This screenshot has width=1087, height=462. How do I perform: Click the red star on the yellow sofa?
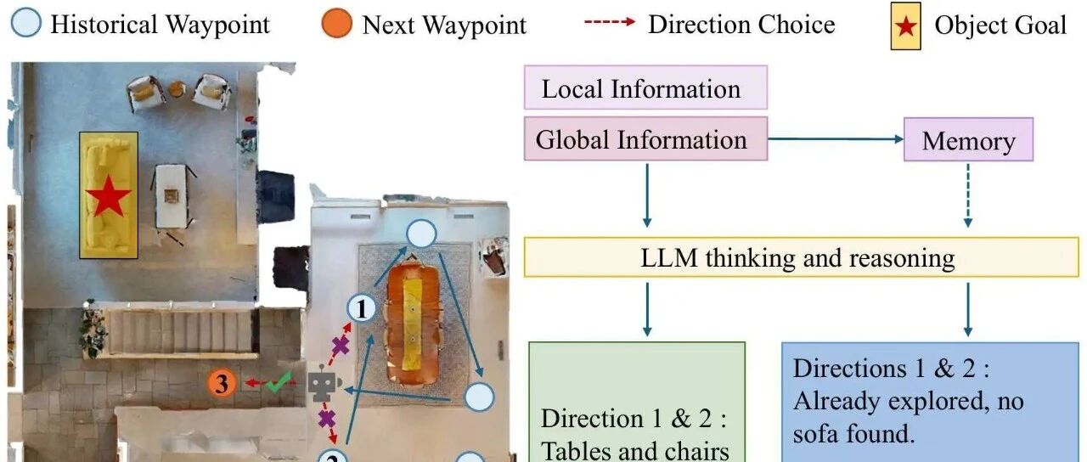click(x=108, y=198)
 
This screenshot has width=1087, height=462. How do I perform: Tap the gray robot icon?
click(x=323, y=385)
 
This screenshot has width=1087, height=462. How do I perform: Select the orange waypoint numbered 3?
click(x=222, y=384)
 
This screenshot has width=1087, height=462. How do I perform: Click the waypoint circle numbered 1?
click(x=363, y=308)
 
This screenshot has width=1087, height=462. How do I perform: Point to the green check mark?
click(x=278, y=383)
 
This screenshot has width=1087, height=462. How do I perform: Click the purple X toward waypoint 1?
click(x=340, y=345)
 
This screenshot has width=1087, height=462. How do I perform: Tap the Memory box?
click(x=968, y=140)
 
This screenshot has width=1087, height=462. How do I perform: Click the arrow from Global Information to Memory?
click(x=836, y=139)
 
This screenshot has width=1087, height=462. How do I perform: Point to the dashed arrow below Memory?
click(x=968, y=194)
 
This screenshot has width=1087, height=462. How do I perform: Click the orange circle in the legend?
click(x=337, y=24)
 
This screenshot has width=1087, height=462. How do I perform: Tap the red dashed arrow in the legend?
click(x=609, y=23)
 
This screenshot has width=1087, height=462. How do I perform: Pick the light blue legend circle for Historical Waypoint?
click(x=25, y=24)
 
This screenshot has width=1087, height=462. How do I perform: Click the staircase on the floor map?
click(x=178, y=331)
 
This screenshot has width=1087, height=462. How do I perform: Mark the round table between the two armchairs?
click(x=177, y=88)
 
